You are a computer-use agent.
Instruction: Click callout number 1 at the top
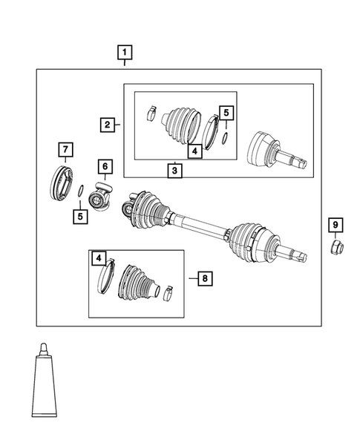[x=125, y=53]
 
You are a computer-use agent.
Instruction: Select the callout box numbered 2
[x=108, y=125]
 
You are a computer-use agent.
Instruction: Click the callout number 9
[x=335, y=225]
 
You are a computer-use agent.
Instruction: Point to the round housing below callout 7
[x=61, y=185]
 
